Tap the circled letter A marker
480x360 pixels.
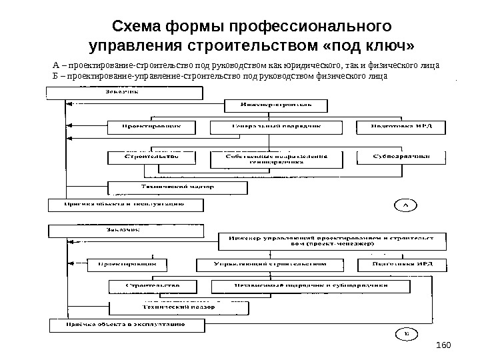click(x=405, y=205)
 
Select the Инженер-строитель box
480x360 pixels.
click(x=276, y=105)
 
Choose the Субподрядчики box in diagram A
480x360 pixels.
click(x=400, y=157)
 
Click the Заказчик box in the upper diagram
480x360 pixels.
click(x=124, y=92)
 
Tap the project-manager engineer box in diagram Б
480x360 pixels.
click(x=329, y=241)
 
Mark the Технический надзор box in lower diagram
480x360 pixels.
click(x=176, y=308)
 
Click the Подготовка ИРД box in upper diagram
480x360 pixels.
click(x=400, y=127)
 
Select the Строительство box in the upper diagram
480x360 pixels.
click(x=153, y=157)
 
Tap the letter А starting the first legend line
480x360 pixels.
click(x=55, y=66)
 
